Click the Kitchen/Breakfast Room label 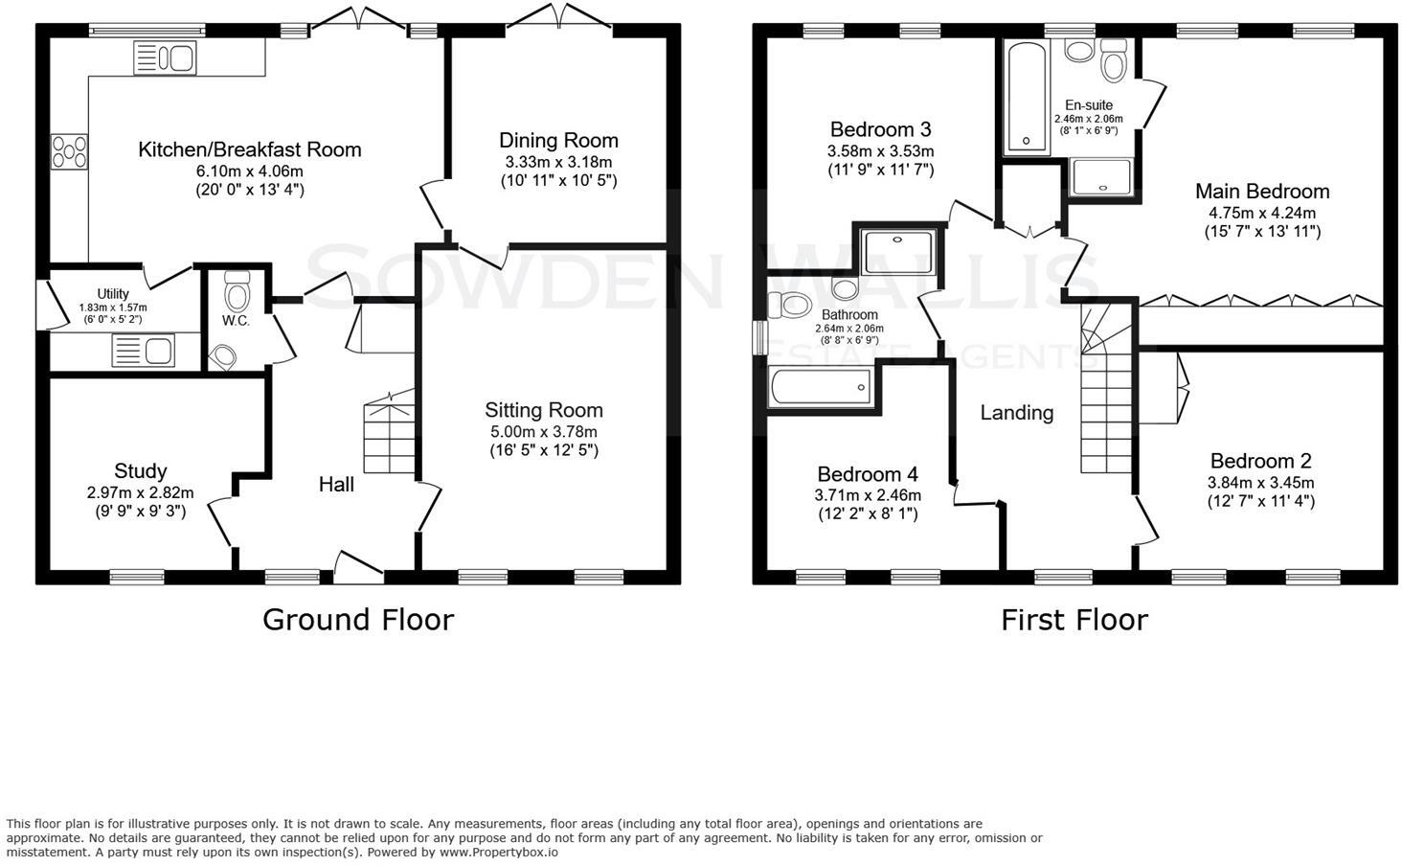(250, 149)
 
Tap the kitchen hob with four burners (70, 152)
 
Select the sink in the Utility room (144, 350)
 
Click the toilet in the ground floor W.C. (237, 291)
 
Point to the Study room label (140, 471)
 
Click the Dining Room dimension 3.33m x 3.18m (559, 162)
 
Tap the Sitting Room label (544, 410)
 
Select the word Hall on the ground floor (336, 484)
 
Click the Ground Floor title (358, 619)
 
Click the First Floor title (1074, 620)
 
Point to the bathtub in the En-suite (1027, 97)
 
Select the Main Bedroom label (1262, 191)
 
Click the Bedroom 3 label (881, 129)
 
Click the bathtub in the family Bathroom (821, 386)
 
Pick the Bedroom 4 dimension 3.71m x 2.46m (868, 495)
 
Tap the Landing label (1016, 413)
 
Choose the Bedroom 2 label (1260, 461)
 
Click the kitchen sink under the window (165, 58)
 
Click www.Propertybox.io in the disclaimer (498, 853)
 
